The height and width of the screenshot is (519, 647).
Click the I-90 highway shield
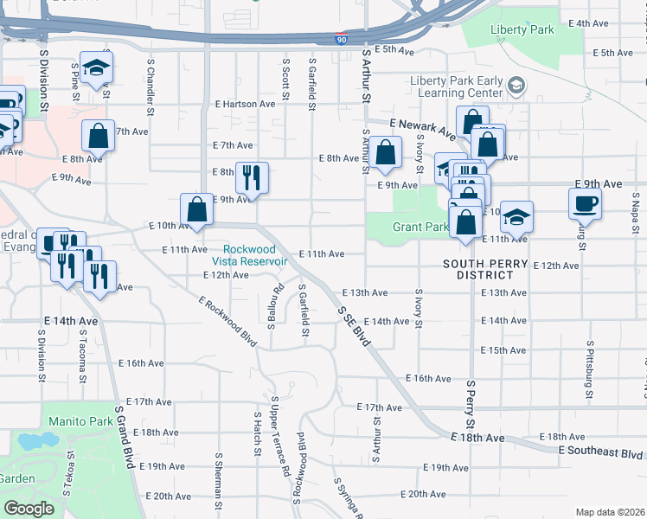[x=343, y=39]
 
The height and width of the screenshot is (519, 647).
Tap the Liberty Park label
[x=522, y=29]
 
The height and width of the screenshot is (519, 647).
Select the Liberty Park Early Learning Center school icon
[x=516, y=86]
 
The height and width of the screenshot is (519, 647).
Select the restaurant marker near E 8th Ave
[x=252, y=177]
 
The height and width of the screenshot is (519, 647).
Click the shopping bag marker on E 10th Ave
[x=196, y=208]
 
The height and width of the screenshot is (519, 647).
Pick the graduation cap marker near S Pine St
[x=97, y=67]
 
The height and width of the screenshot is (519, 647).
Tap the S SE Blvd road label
[x=355, y=326]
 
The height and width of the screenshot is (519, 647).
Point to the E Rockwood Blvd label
[x=227, y=322]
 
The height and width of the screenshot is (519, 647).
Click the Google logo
[x=29, y=509]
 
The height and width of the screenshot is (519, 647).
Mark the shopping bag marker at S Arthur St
[x=388, y=152]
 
